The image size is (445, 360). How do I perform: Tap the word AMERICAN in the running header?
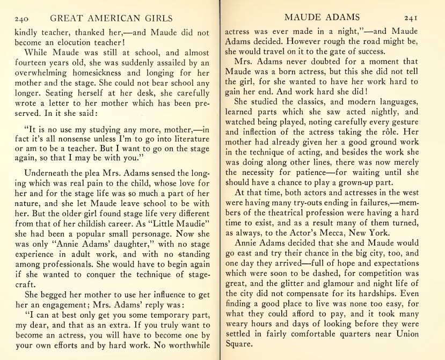(x=110, y=19)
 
